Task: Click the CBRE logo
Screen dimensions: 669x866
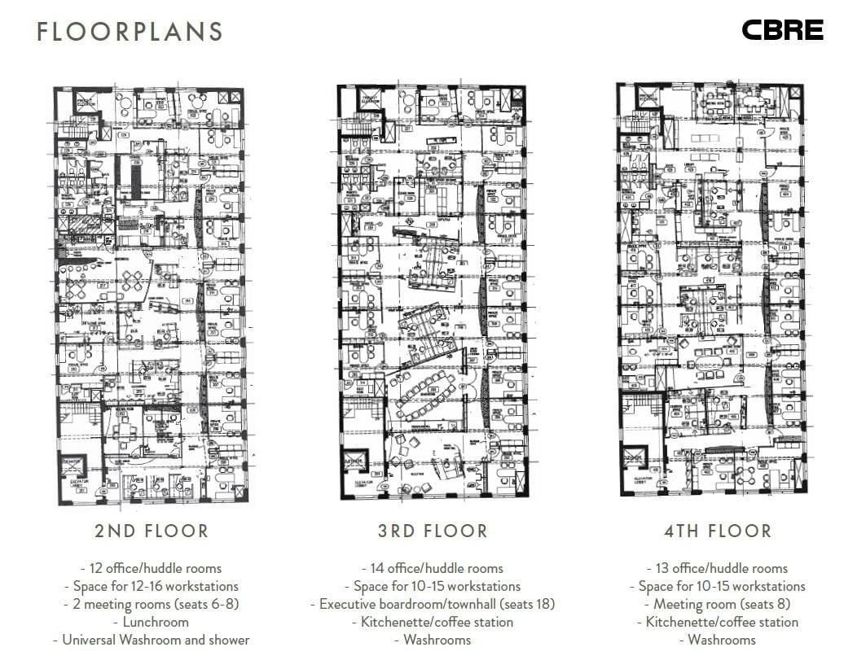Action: [782, 31]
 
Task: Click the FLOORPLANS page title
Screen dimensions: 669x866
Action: [130, 32]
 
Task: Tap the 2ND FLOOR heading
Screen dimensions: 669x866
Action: [152, 531]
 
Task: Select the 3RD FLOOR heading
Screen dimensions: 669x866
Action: [433, 531]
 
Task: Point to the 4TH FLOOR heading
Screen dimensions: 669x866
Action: [717, 531]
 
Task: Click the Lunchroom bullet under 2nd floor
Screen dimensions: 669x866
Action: [152, 622]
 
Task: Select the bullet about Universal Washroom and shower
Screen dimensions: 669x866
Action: [152, 640]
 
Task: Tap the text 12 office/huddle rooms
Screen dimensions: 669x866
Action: [152, 568]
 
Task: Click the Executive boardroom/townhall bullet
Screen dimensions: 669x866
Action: [433, 604]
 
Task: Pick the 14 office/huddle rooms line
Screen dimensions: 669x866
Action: [433, 568]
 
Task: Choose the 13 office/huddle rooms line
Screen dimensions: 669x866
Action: [717, 568]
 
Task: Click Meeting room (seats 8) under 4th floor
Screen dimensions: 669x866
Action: [717, 604]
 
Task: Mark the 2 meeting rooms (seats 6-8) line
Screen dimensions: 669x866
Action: [152, 604]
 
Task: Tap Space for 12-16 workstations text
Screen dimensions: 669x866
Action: [152, 586]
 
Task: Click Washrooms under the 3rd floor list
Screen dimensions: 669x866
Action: [433, 640]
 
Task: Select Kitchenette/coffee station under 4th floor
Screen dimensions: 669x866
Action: [717, 622]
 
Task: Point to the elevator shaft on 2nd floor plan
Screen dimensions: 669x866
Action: [73, 467]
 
